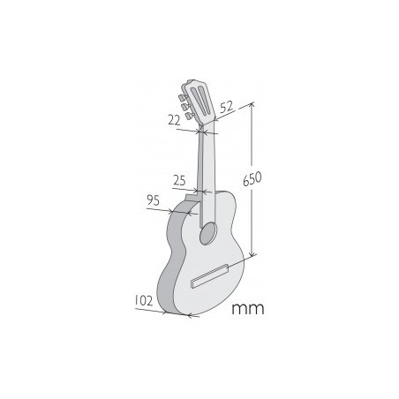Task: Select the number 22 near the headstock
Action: tap(173, 118)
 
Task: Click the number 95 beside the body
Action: tap(152, 201)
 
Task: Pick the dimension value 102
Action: tap(146, 301)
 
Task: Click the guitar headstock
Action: tap(200, 98)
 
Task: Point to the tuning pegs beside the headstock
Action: tap(184, 99)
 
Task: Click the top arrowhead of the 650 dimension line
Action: tap(253, 105)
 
